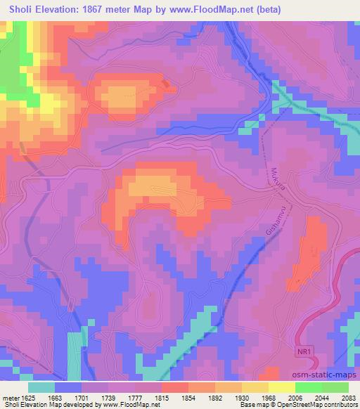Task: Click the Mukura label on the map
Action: click(275, 182)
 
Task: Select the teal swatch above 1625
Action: click(41, 387)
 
